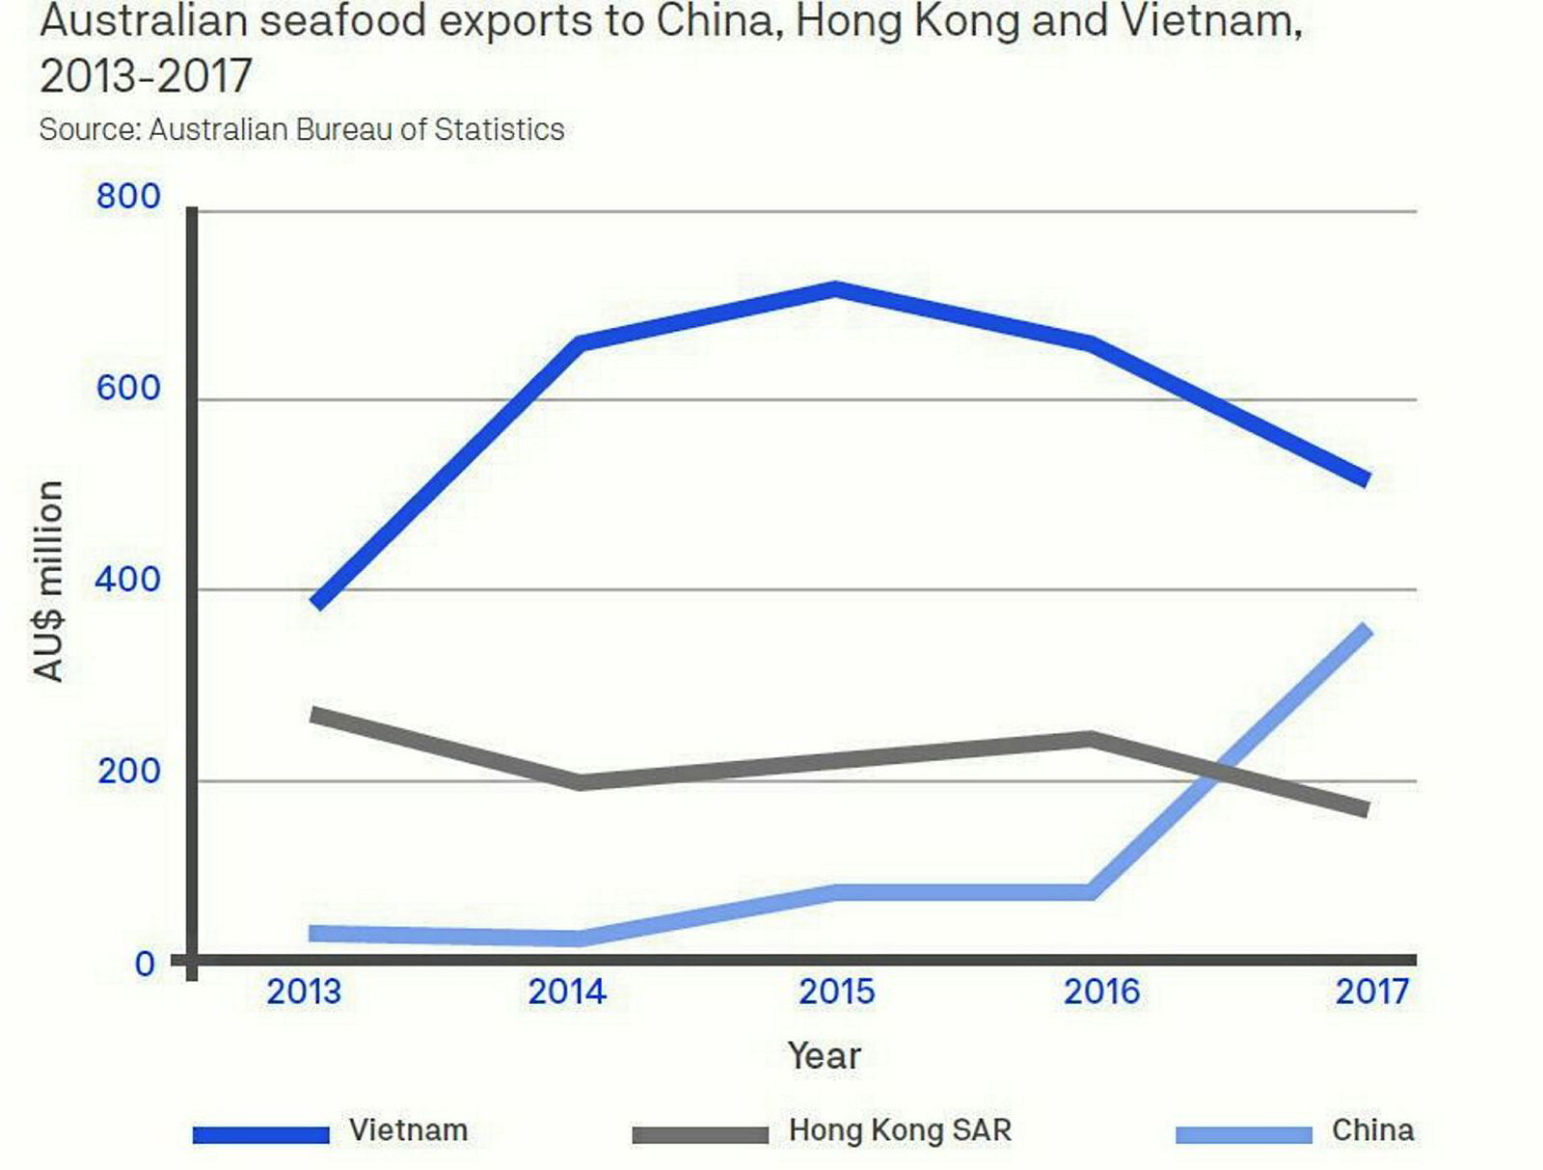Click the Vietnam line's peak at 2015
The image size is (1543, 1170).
[835, 288]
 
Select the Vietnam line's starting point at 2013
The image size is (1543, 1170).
[316, 604]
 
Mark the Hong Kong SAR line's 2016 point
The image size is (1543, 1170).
[1091, 740]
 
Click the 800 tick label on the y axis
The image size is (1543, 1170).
[127, 197]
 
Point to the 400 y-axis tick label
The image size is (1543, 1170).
[127, 581]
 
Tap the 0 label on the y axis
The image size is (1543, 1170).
[145, 963]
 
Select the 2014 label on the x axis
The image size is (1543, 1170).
[566, 992]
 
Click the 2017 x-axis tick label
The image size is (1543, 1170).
[1371, 992]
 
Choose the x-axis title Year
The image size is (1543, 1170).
[823, 1055]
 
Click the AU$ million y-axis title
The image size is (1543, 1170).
[48, 581]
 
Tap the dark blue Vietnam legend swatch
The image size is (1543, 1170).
[260, 1134]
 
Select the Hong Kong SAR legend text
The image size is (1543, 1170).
[900, 1130]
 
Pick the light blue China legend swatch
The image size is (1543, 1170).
[1244, 1134]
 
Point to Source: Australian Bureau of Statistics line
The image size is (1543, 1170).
[301, 129]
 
